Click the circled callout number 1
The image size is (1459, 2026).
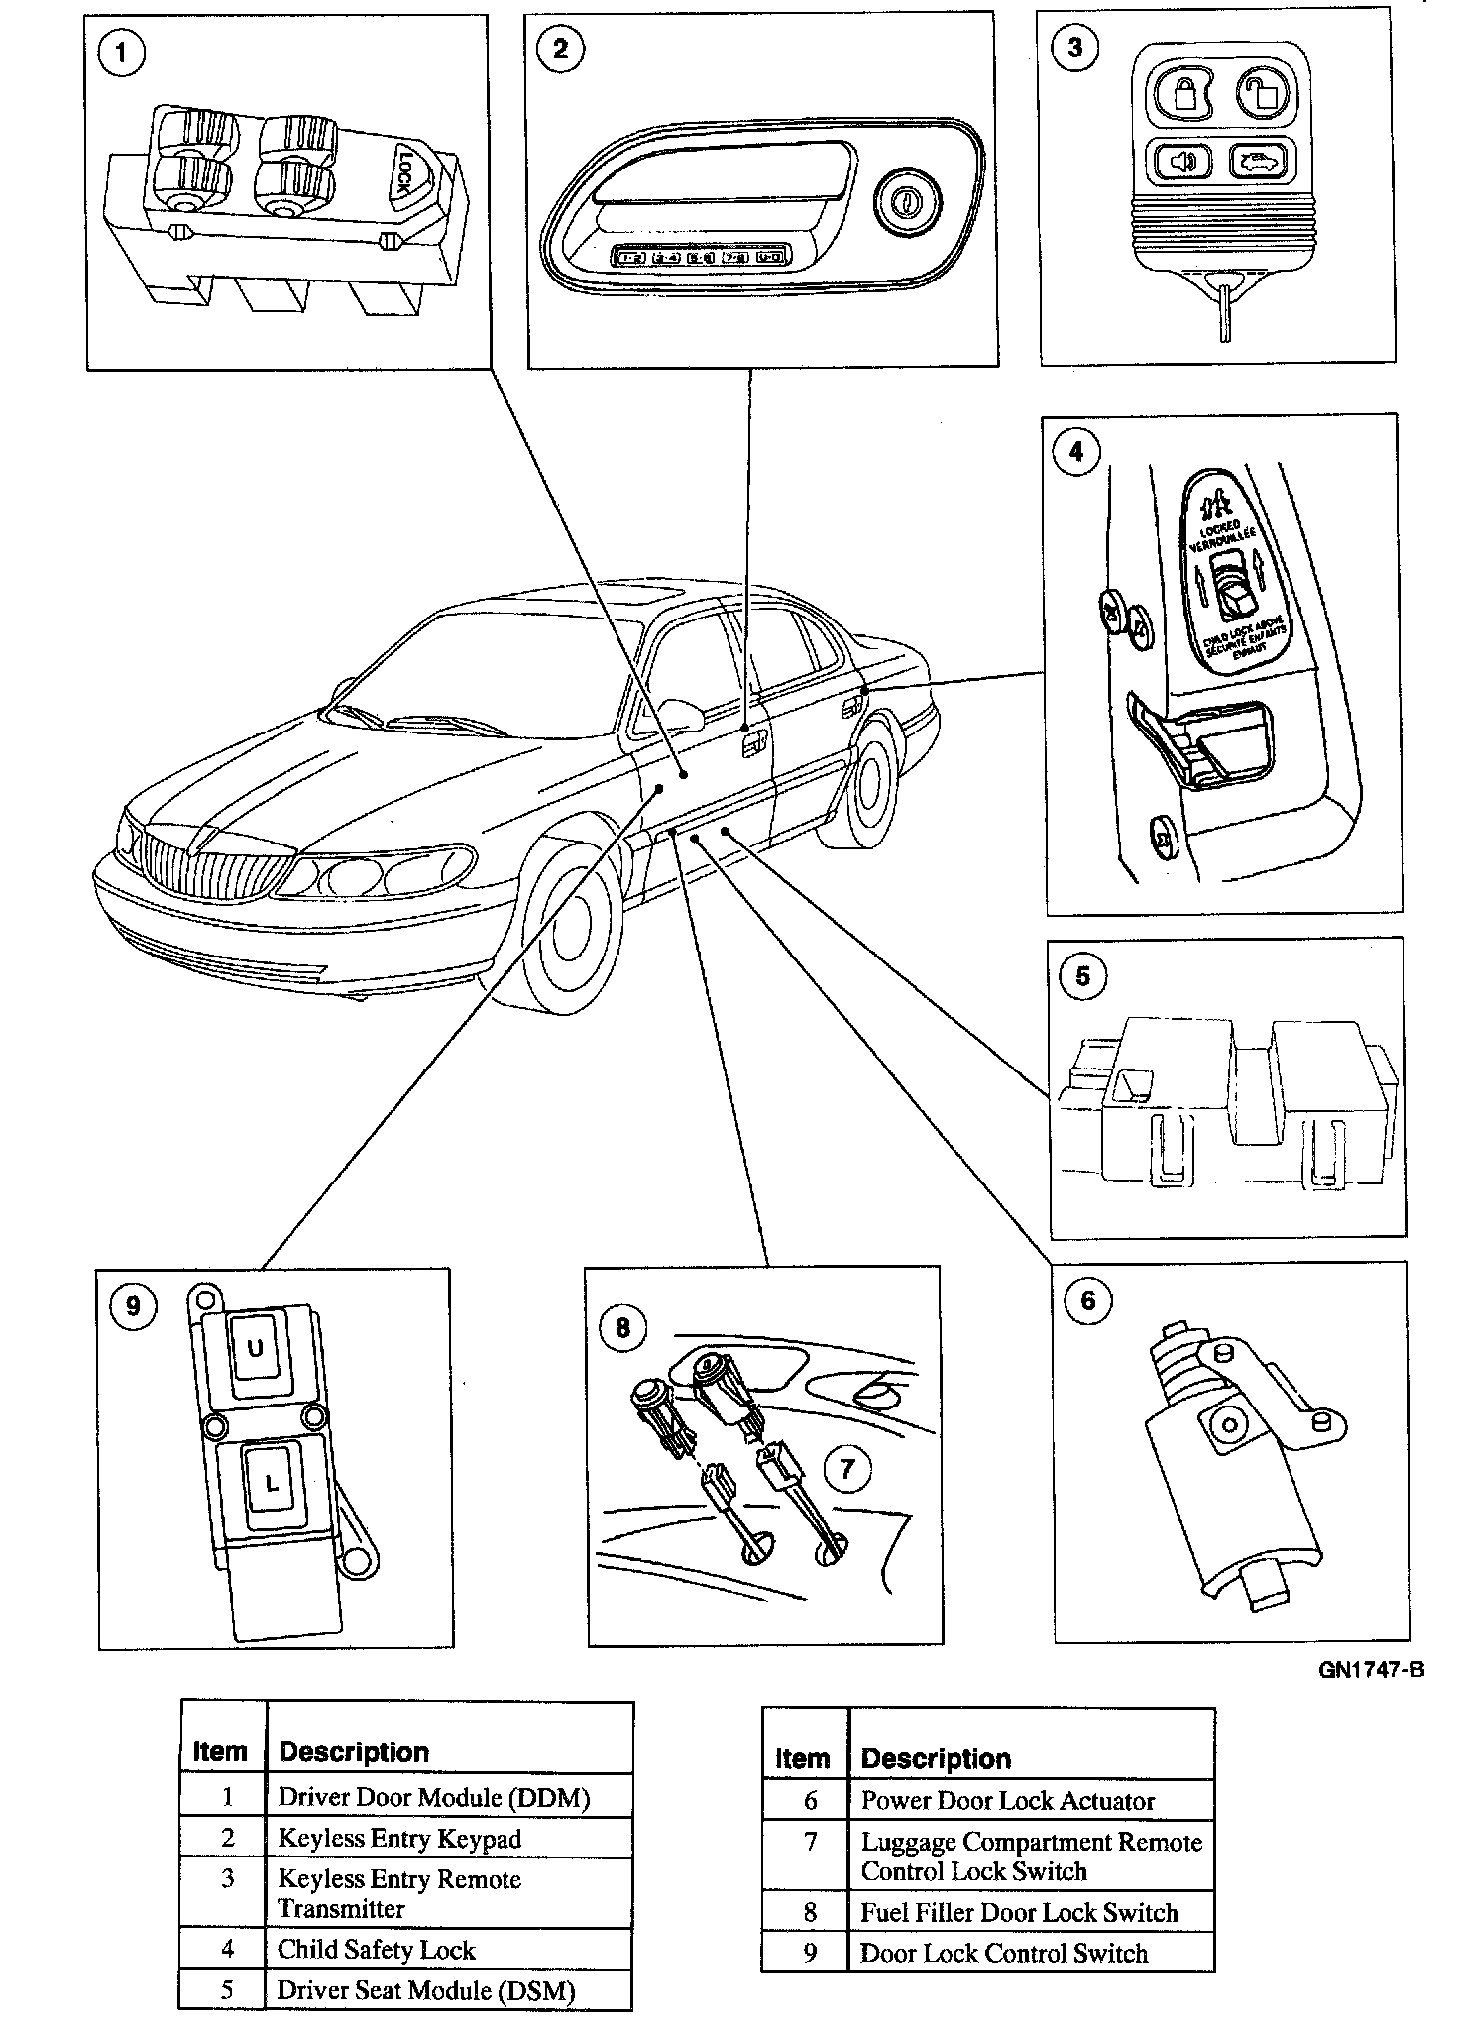[x=122, y=53]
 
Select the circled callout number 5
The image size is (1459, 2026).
[x=1082, y=976]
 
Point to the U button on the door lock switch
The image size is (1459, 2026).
[x=255, y=1347]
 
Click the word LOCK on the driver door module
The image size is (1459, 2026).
[x=411, y=169]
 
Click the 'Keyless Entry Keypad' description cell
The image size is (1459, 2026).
[x=399, y=1839]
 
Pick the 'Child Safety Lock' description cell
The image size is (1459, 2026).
[x=377, y=1950]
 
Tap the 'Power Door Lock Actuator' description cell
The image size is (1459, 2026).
[x=1008, y=1801]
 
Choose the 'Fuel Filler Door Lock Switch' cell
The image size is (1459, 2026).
[x=1019, y=1912]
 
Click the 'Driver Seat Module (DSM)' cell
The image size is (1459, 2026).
[x=426, y=1990]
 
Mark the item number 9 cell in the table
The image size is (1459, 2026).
[x=809, y=1954]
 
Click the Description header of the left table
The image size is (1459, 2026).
[x=354, y=1752]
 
